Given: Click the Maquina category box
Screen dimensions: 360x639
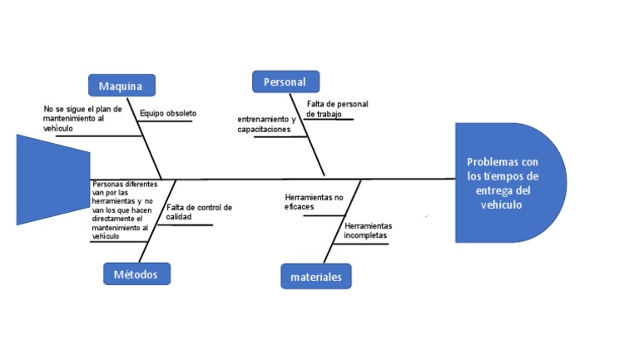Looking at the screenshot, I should click(x=121, y=86).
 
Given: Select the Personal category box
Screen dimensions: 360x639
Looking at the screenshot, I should click(x=285, y=81).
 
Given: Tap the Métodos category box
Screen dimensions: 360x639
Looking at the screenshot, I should click(x=137, y=274).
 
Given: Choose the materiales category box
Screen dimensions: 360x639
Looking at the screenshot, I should click(x=316, y=277).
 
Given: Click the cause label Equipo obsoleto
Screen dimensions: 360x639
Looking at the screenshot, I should click(x=168, y=113).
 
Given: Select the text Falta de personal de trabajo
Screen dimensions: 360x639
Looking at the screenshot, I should click(x=336, y=109).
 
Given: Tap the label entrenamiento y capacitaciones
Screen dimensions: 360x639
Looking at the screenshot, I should click(x=265, y=125).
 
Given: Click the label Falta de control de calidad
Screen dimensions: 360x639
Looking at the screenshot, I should click(x=198, y=212).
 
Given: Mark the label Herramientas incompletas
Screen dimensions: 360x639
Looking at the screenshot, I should click(x=367, y=230).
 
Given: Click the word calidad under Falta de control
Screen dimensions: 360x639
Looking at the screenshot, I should click(x=179, y=217).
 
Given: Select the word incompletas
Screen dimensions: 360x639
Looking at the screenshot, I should click(x=366, y=235).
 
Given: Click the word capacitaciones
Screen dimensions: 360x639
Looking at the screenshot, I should click(x=264, y=131).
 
